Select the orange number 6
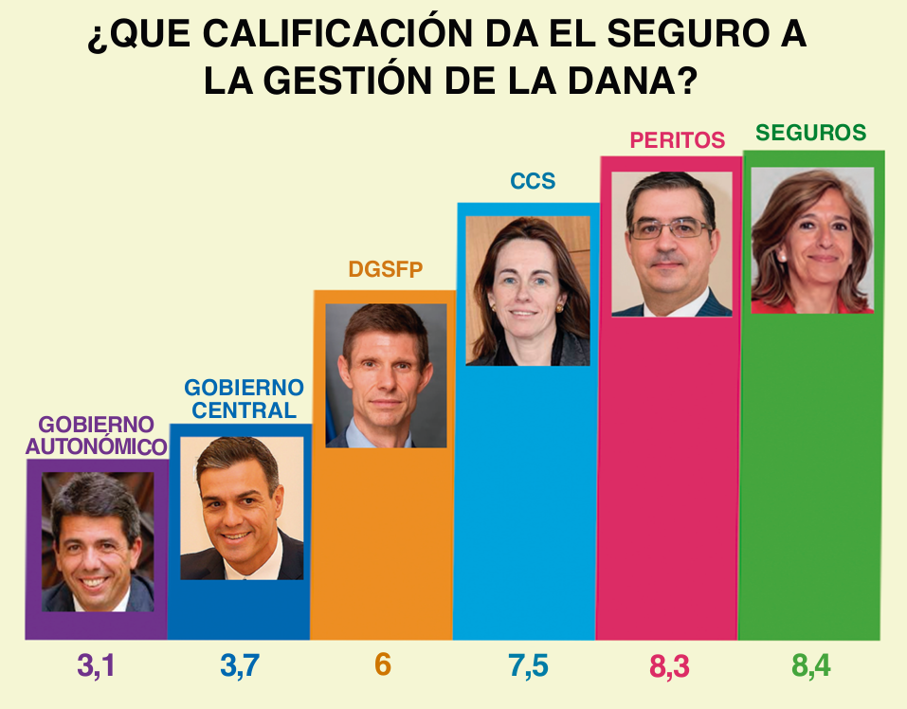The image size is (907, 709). (x=383, y=665)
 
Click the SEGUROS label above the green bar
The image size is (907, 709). (x=810, y=133)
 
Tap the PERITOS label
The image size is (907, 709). (x=677, y=140)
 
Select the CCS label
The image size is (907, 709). (x=532, y=181)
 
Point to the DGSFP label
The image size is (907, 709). (x=385, y=269)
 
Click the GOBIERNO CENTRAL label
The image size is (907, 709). (x=244, y=399)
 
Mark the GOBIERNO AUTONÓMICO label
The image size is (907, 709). (x=96, y=435)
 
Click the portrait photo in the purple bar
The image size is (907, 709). (x=97, y=542)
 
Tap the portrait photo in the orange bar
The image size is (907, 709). (x=385, y=375)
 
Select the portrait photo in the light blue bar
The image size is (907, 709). (x=528, y=290)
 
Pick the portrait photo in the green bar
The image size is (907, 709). (x=812, y=240)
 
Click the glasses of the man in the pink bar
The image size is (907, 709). (x=671, y=228)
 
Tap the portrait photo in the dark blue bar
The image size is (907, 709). (x=242, y=508)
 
